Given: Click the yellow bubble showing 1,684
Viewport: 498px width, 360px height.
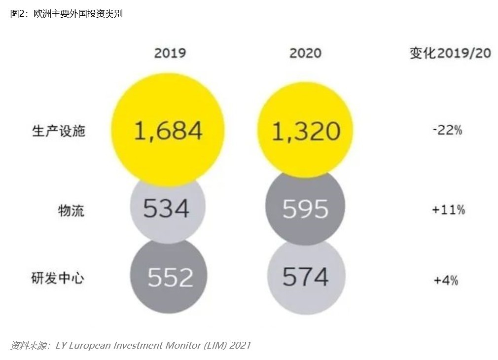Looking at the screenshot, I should point(168,130).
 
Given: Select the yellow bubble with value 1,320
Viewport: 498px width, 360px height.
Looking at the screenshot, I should point(306,130).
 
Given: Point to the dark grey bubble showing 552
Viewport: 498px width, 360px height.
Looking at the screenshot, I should point(169,277).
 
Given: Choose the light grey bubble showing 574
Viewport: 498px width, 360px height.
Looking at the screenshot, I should point(305,277).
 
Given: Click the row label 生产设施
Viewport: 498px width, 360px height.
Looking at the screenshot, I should point(59,131).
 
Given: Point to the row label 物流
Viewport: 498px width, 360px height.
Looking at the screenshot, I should point(71,211).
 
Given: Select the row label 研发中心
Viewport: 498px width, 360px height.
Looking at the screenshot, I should point(58,278).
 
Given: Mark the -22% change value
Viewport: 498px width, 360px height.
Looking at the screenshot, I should point(447,131).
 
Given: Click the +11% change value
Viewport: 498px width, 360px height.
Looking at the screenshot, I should point(448,210).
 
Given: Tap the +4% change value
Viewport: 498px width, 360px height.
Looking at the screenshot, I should point(446,280).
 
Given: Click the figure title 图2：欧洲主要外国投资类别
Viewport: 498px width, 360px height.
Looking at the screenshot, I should point(67,14).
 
